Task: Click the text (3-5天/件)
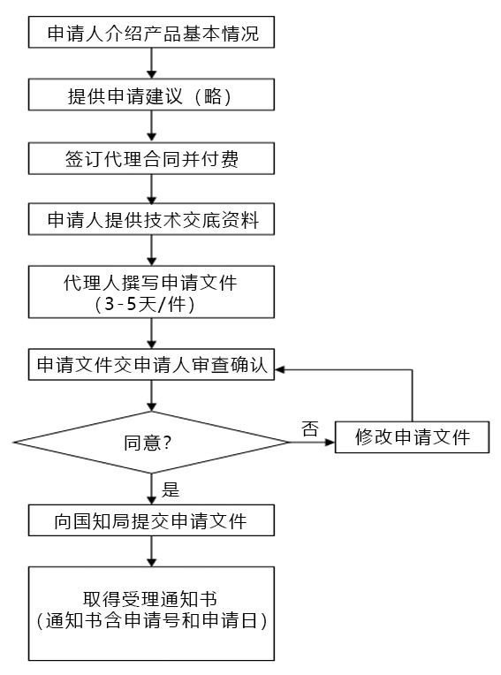click(x=146, y=304)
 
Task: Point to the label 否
click(x=310, y=429)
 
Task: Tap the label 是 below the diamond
click(x=171, y=489)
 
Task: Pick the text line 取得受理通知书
click(x=150, y=599)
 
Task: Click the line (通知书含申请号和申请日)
click(x=152, y=620)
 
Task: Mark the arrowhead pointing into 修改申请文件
click(x=330, y=442)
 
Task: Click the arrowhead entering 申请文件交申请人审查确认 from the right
click(x=279, y=370)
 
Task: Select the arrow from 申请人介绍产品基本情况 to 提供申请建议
click(x=151, y=64)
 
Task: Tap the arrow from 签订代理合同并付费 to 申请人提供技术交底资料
click(x=151, y=189)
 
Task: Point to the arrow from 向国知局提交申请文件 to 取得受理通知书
click(x=151, y=551)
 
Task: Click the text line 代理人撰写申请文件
click(x=150, y=283)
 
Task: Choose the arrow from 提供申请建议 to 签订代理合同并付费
click(x=151, y=126)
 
